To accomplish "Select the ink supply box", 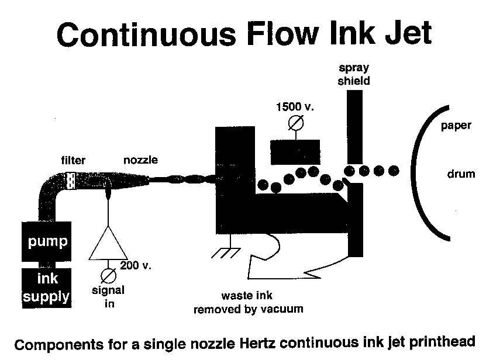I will coord(47,286).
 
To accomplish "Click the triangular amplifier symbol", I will coord(107,243).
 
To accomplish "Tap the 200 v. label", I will coord(136,265).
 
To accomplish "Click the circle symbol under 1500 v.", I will coord(296,123).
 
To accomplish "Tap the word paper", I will coord(456,126).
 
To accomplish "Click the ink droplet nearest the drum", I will coord(394,171).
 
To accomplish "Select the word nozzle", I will coord(140,160).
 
